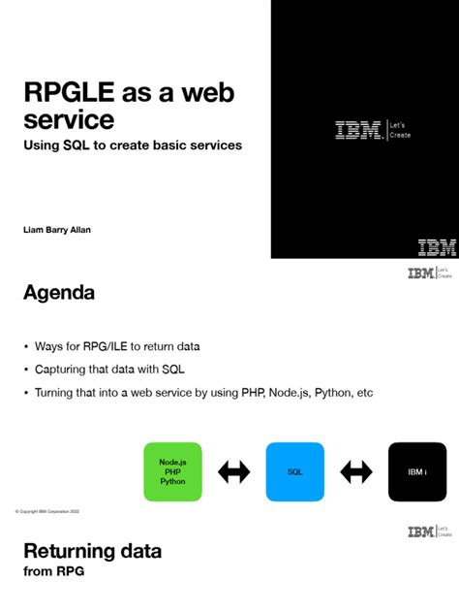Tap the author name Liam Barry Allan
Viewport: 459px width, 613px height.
pos(64,230)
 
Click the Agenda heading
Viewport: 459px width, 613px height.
pos(58,292)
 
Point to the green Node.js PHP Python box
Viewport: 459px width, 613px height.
pos(172,471)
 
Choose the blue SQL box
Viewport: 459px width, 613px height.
pos(295,471)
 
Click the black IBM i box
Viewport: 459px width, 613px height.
pos(417,471)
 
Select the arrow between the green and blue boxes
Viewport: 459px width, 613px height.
pos(233,472)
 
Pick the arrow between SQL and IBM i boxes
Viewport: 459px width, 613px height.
pos(356,472)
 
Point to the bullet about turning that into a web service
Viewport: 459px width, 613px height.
pos(203,393)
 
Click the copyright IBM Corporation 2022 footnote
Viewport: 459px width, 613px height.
pos(47,510)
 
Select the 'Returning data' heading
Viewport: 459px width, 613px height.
pos(92,552)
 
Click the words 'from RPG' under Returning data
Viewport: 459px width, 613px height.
pos(53,571)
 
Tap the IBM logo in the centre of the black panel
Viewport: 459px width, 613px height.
pos(358,130)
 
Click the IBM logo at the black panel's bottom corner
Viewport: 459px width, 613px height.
pos(437,246)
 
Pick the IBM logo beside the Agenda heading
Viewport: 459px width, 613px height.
pos(420,274)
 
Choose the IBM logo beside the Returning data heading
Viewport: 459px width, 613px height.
pos(420,532)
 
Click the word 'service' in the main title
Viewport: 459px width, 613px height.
pos(69,120)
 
